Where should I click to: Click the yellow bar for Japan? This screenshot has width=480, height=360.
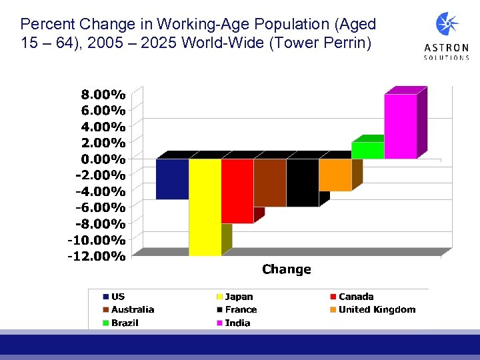tap(205, 207)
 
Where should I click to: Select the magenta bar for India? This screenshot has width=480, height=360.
tap(400, 127)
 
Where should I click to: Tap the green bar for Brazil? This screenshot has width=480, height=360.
tap(367, 150)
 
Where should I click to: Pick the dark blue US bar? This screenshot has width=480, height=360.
tap(172, 179)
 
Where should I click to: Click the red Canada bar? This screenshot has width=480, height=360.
tap(237, 191)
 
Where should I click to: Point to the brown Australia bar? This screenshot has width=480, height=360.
tap(269, 183)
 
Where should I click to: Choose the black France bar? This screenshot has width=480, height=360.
tap(302, 183)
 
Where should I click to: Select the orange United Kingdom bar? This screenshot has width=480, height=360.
tap(335, 175)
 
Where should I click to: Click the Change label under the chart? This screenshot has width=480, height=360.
tap(286, 269)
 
